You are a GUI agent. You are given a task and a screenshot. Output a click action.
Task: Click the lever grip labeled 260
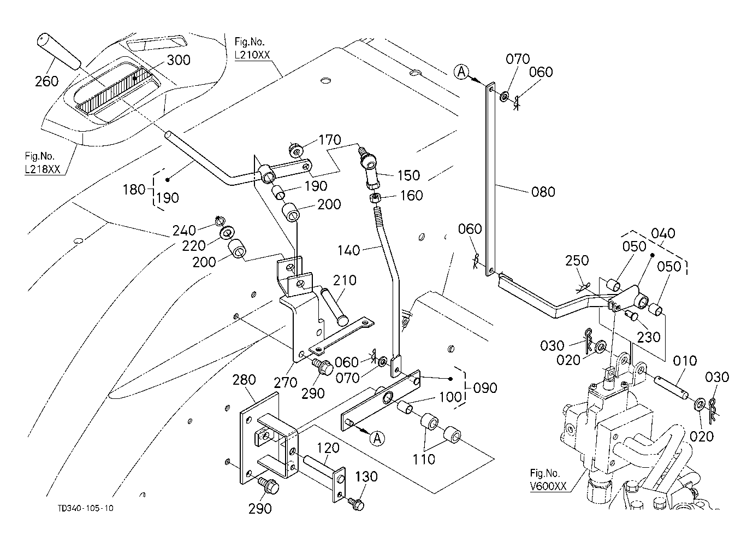pyautogui.click(x=57, y=51)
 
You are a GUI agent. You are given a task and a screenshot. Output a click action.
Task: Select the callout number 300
pyautogui.click(x=179, y=60)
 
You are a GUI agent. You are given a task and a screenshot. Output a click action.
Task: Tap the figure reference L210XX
pyautogui.click(x=252, y=56)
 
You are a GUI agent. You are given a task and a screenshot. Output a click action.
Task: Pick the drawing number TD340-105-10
pyautogui.click(x=86, y=508)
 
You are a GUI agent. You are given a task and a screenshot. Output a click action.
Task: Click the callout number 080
pyautogui.click(x=543, y=192)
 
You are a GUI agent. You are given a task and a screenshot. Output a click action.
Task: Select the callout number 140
pyautogui.click(x=349, y=250)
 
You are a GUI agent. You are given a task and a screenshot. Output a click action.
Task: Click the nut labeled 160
pyautogui.click(x=377, y=197)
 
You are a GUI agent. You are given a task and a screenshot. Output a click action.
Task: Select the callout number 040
pyautogui.click(x=663, y=233)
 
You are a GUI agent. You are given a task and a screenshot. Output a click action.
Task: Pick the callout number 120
pyautogui.click(x=328, y=449)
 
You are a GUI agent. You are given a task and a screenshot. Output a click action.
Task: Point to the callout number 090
pyautogui.click(x=485, y=388)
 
